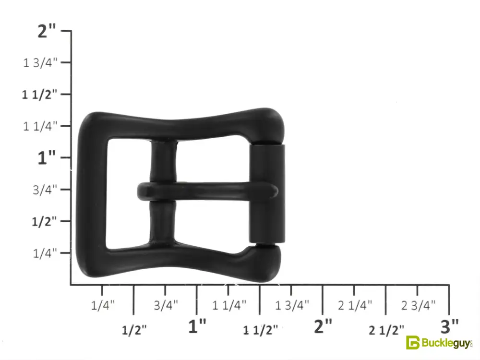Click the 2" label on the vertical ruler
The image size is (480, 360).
click(47, 31)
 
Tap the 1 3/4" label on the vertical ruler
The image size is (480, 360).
click(40, 63)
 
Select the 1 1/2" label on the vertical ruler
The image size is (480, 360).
click(39, 95)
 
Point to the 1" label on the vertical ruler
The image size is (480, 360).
click(47, 158)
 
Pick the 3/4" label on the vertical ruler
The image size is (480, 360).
click(45, 190)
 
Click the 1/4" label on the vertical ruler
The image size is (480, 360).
click(45, 253)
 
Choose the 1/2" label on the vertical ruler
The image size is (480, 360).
click(44, 221)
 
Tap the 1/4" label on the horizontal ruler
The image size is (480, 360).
click(103, 305)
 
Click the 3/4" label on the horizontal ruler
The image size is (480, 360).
click(166, 305)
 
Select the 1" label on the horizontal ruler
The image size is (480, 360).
click(197, 326)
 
